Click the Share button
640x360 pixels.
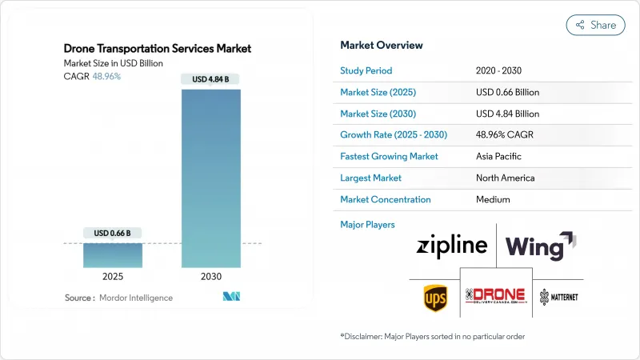(x=596, y=25)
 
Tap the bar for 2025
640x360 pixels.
(x=113, y=254)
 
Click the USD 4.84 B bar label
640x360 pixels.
(x=211, y=78)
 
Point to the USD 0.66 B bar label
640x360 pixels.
(x=113, y=233)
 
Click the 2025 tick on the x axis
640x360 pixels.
(x=113, y=276)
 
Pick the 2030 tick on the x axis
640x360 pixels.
(x=211, y=276)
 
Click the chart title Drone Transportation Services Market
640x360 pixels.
(x=158, y=49)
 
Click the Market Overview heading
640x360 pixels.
(x=382, y=46)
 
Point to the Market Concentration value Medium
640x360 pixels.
(x=493, y=199)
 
